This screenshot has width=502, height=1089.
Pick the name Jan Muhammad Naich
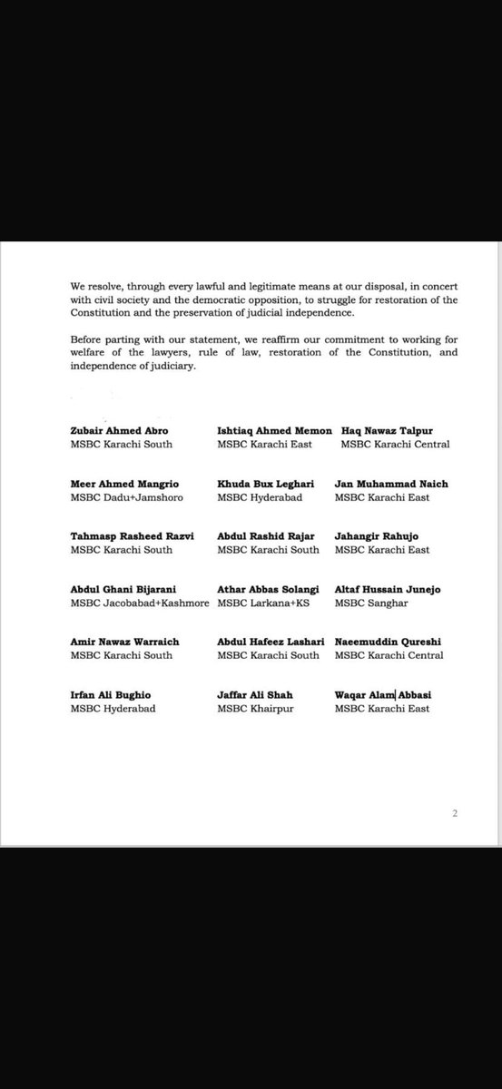pyautogui.click(x=391, y=484)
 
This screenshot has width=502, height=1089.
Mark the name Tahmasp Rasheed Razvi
pyautogui.click(x=130, y=536)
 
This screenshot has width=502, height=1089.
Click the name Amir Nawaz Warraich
pyautogui.click(x=124, y=642)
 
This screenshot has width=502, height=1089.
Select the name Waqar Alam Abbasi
pyautogui.click(x=383, y=694)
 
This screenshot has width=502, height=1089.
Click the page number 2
pyautogui.click(x=455, y=814)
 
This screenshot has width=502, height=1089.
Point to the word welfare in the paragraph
pyautogui.click(x=92, y=353)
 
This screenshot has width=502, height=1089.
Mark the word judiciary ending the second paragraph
pyautogui.click(x=170, y=366)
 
